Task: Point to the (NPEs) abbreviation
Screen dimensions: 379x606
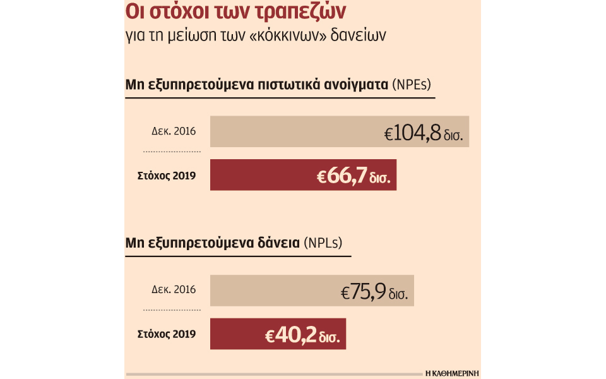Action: (412, 85)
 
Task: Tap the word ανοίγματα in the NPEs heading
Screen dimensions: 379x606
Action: (357, 85)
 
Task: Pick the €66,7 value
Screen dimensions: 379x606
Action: (344, 176)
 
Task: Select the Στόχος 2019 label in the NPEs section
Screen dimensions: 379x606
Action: (167, 176)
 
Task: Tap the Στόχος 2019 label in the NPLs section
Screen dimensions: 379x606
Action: (167, 334)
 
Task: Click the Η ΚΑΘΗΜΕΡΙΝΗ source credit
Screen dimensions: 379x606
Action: (453, 373)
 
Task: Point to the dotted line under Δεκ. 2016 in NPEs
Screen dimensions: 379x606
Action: (172, 152)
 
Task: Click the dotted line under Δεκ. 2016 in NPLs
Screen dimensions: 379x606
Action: (172, 311)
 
